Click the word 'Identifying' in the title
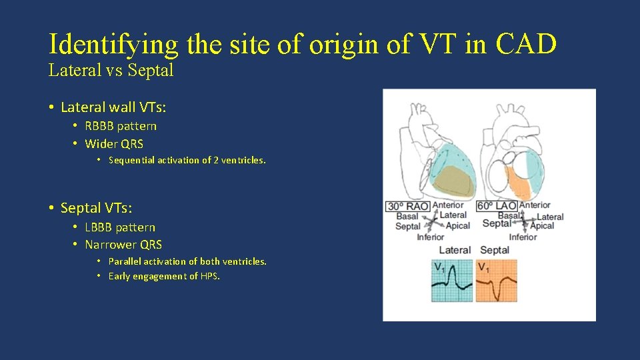[x=113, y=44]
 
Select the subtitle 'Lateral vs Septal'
[x=111, y=70]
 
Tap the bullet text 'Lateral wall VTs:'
[x=113, y=107]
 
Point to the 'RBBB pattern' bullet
[x=121, y=126]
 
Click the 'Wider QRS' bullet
[x=114, y=143]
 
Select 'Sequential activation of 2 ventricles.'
[x=187, y=160]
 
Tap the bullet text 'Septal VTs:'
[x=97, y=208]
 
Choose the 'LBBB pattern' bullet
[x=120, y=227]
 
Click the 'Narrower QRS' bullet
[x=123, y=245]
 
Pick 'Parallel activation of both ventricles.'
[x=187, y=261]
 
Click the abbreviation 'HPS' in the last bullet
[x=209, y=276]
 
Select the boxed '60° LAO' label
[x=497, y=206]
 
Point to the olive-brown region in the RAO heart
[x=454, y=178]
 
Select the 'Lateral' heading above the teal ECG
[x=455, y=250]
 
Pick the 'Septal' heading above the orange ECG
[x=495, y=250]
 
